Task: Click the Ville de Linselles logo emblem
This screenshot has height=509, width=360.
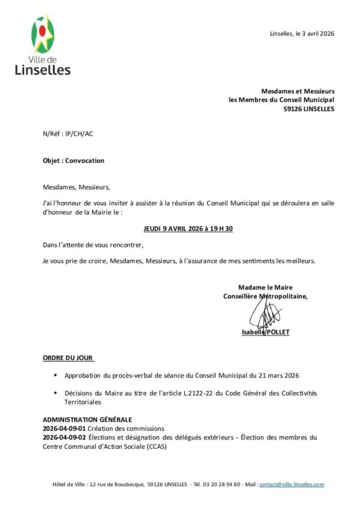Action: [x=43, y=35]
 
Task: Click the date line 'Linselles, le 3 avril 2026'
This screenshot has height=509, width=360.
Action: [x=302, y=34]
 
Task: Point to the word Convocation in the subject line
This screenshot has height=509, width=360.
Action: [x=85, y=161]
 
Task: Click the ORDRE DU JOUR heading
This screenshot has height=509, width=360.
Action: [x=68, y=358]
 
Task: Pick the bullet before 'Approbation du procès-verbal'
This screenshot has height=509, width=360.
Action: [x=55, y=375]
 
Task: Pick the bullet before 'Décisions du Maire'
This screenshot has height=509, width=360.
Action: [x=55, y=393]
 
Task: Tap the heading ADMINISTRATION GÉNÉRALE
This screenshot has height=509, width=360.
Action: [x=87, y=419]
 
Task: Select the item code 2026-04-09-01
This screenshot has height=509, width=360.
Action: [x=65, y=429]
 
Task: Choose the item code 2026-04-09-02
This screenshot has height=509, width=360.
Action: [x=65, y=438]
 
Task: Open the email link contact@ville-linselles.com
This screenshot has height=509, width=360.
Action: [x=292, y=484]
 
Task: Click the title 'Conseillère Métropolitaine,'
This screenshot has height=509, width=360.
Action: [x=265, y=296]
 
